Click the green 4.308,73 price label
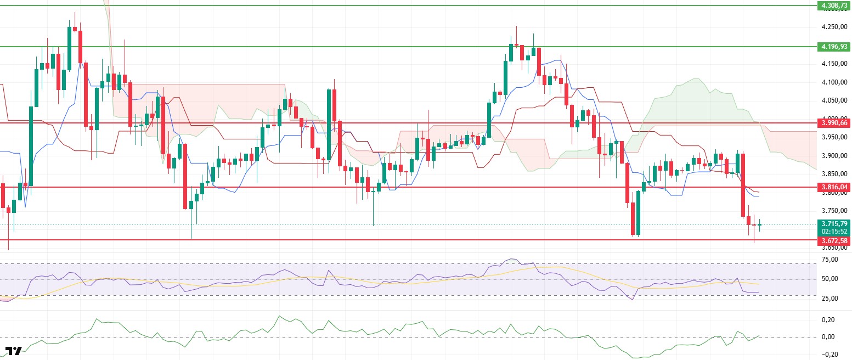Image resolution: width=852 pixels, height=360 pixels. (834, 5)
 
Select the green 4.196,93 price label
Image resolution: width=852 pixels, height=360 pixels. (834, 47)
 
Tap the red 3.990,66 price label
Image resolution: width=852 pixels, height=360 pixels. (834, 123)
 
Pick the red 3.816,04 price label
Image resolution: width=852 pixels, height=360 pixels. (834, 187)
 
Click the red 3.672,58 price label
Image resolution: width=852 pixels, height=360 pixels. (834, 240)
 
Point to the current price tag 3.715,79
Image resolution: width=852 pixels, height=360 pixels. (834, 224)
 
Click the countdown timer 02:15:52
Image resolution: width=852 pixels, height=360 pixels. (834, 232)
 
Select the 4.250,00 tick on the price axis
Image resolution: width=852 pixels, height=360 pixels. (834, 27)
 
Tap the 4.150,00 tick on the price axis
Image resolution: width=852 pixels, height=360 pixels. (834, 64)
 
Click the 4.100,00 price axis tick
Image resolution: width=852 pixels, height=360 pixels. (834, 82)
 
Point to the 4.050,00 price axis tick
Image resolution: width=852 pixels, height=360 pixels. (834, 101)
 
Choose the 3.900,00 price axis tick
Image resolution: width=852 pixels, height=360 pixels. (834, 156)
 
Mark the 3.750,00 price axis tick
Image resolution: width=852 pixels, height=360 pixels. (834, 211)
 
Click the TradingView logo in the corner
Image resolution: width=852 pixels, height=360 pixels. (14, 351)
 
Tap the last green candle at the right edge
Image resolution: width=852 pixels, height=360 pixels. (760, 224)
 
